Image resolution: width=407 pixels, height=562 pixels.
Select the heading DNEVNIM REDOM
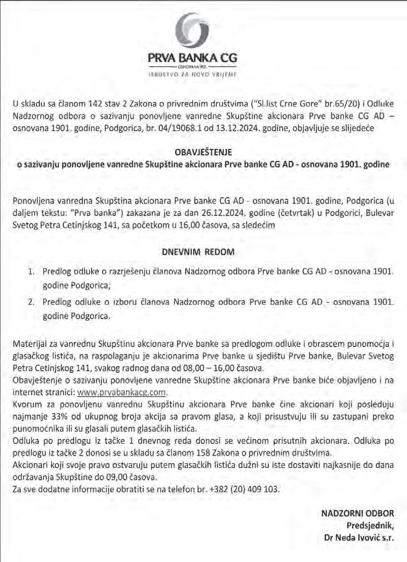(x=203, y=251)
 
